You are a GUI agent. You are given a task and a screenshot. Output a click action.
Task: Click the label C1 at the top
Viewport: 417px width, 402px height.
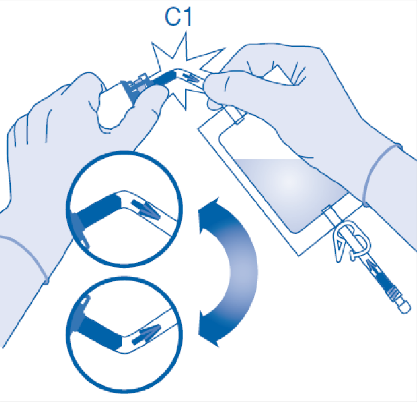[x=178, y=16]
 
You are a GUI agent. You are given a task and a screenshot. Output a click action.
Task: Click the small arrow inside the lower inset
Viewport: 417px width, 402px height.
[x=146, y=335]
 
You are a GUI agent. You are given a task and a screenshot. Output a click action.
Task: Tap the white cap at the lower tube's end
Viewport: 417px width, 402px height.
[x=405, y=307]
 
